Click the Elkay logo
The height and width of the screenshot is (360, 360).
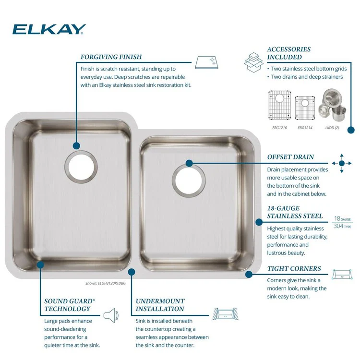click(49, 30)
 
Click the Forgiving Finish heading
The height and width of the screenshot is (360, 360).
click(111, 57)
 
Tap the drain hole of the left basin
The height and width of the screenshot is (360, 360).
click(83, 166)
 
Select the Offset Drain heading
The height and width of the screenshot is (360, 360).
click(290, 157)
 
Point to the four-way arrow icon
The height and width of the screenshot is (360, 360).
click(342, 164)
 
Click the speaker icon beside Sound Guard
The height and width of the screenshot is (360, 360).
click(110, 315)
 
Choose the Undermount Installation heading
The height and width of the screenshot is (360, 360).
click(160, 305)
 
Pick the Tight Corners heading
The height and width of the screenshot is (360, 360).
click(294, 269)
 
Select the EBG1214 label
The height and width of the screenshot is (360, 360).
click(305, 128)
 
